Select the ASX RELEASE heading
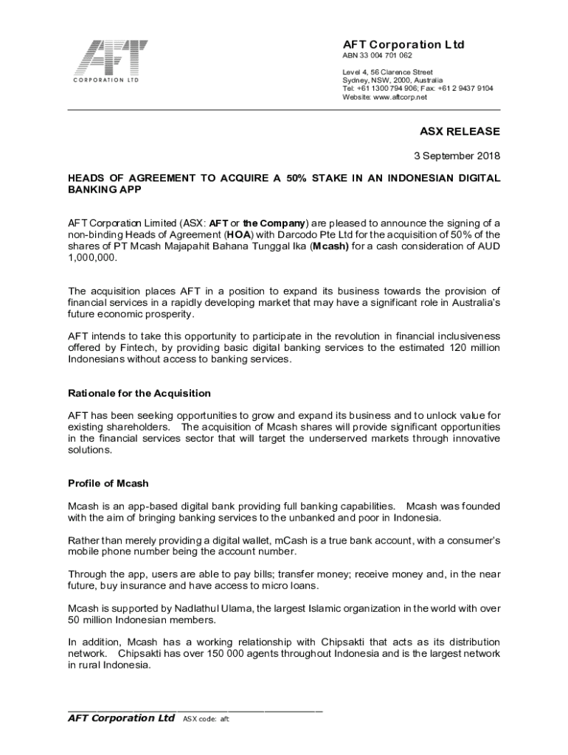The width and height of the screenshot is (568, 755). (460, 132)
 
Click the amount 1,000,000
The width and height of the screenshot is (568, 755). (92, 260)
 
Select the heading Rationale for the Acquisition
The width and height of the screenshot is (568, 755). (139, 393)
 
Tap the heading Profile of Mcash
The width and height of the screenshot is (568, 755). (108, 484)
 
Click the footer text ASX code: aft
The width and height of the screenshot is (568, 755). (206, 720)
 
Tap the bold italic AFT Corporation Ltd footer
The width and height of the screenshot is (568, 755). (121, 718)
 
